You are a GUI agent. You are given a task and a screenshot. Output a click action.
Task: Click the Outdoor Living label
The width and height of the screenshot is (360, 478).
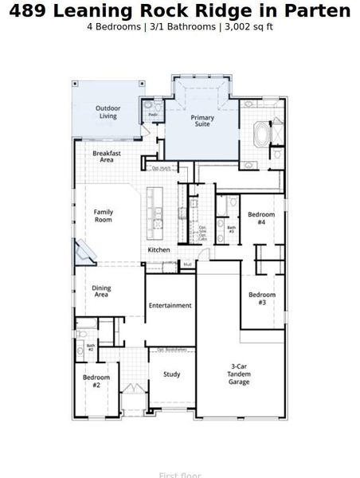pos(108,112)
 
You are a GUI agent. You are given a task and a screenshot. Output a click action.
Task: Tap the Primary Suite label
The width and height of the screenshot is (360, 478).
pos(203,121)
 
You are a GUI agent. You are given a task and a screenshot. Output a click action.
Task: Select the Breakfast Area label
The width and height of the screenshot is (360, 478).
pos(107,157)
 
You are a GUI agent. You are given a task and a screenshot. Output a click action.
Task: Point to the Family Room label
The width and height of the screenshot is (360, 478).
pos(104,216)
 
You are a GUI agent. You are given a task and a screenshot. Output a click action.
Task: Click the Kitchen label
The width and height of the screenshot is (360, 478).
pos(158,251)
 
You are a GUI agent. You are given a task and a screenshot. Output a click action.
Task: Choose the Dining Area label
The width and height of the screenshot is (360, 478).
pos(101,292)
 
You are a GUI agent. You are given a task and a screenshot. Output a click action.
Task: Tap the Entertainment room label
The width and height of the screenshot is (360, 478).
pos(170,305)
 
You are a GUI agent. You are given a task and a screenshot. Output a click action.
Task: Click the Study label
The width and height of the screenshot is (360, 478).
pos(171,374)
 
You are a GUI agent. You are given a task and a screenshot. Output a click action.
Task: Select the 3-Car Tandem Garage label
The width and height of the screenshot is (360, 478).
pos(239,374)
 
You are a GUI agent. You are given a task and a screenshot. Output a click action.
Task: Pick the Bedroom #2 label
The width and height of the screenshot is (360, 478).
pos(96,380)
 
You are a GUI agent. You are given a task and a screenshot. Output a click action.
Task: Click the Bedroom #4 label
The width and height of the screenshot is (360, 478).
pos(261,218)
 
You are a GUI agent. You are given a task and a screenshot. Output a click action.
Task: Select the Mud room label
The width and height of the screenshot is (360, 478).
pos(187,264)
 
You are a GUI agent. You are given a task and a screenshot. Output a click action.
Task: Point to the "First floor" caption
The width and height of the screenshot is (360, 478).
pos(179,475)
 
